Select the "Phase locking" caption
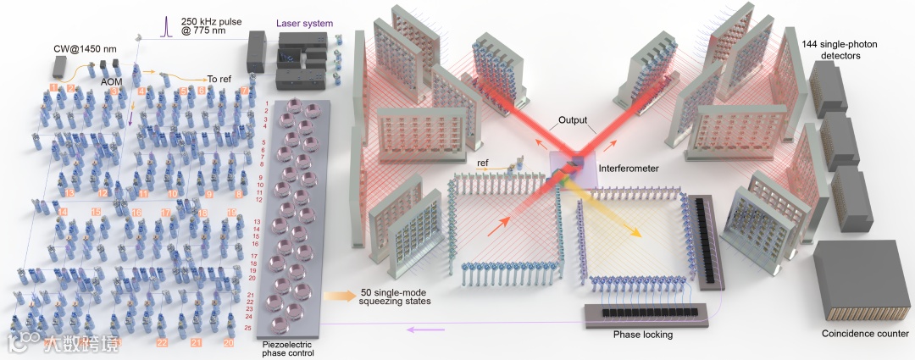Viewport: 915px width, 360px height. click(x=642, y=335)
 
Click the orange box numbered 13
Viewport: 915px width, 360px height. click(x=69, y=193)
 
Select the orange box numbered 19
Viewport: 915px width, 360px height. click(x=231, y=213)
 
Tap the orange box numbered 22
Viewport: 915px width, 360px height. click(x=161, y=342)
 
